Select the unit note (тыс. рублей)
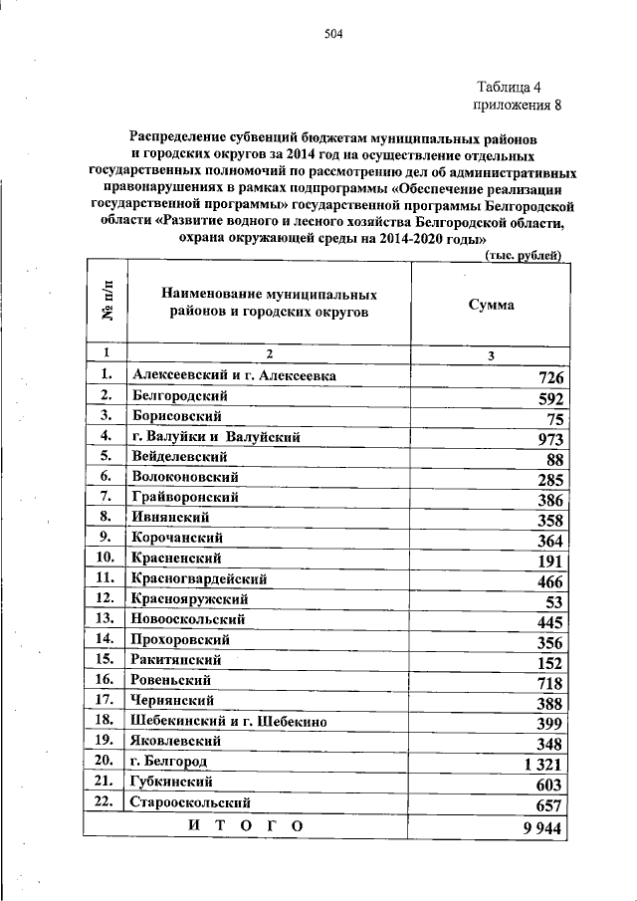(x=524, y=256)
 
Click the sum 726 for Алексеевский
(x=550, y=378)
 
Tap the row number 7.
(x=105, y=497)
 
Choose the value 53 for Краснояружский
(x=555, y=602)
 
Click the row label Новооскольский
(x=187, y=619)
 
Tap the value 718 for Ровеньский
(x=550, y=684)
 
